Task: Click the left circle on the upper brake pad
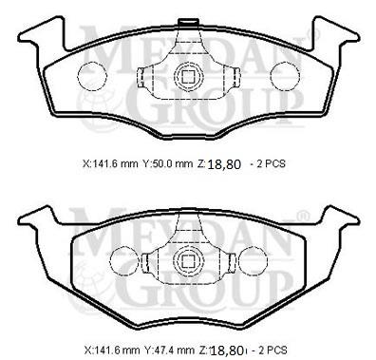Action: [x=90, y=77]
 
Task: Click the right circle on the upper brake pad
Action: [x=283, y=77]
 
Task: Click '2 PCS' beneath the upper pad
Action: [x=270, y=163]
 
